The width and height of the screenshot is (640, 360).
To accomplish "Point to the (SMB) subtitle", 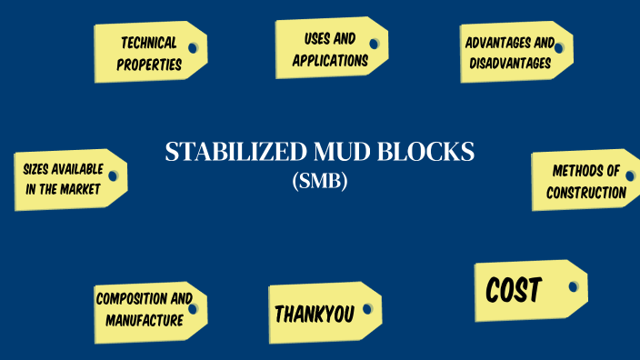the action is coord(320,181).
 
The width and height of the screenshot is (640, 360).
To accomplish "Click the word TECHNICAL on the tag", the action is coord(147,43).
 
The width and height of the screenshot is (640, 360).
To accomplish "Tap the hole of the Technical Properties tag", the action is coord(194,47).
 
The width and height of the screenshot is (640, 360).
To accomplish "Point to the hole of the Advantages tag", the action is coord(558,47).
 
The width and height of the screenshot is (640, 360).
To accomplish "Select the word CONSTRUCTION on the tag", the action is coord(586,193).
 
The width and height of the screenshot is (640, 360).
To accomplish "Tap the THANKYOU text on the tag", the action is coord(314,314).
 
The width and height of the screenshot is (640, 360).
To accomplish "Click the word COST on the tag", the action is coord(514,291).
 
